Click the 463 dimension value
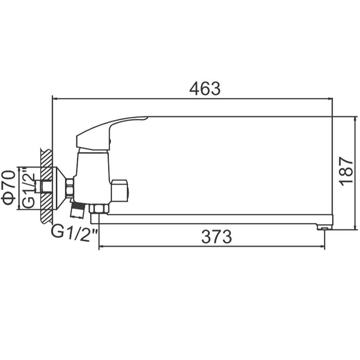pos(205,88)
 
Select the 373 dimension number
pos(217,237)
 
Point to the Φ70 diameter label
pos(9,187)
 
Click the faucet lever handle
pos(110,133)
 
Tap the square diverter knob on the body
pos(120,191)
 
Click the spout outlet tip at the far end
pos(324,227)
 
